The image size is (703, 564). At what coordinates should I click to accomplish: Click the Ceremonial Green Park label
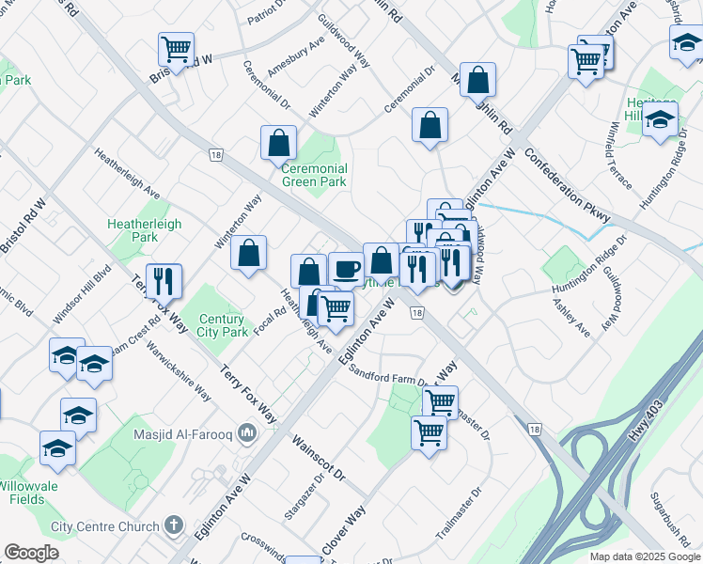(315, 176)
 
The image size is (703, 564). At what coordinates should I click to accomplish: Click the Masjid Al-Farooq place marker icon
(247, 432)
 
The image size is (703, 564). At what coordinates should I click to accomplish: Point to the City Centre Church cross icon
(173, 525)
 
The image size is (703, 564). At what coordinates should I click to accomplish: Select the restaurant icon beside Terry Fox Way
(164, 279)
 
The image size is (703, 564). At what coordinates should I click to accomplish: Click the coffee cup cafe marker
(346, 269)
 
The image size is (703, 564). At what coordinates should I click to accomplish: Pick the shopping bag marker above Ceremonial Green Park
(279, 143)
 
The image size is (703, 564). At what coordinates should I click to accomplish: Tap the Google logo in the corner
(31, 553)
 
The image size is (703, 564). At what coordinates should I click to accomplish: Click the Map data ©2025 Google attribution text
(645, 556)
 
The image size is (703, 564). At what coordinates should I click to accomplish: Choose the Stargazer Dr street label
(303, 498)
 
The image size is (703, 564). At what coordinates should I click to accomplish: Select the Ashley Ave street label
(570, 318)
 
